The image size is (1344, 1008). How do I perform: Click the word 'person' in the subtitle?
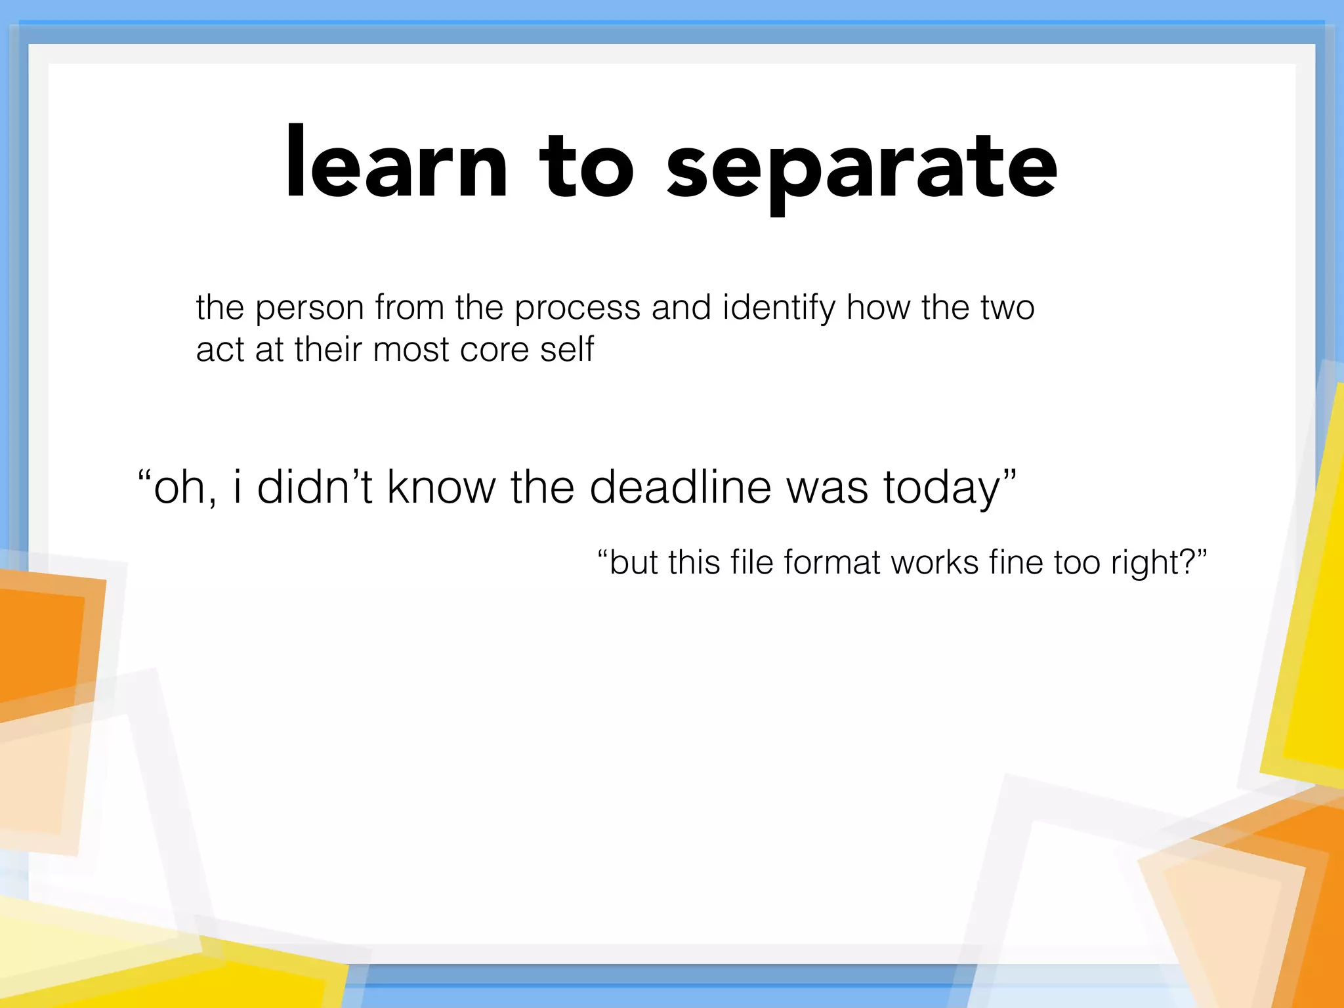309,308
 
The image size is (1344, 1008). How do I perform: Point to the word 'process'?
577,308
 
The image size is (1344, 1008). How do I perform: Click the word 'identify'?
778,308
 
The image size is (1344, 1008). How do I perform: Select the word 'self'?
566,348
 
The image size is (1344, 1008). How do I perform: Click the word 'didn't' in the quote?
314,488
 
